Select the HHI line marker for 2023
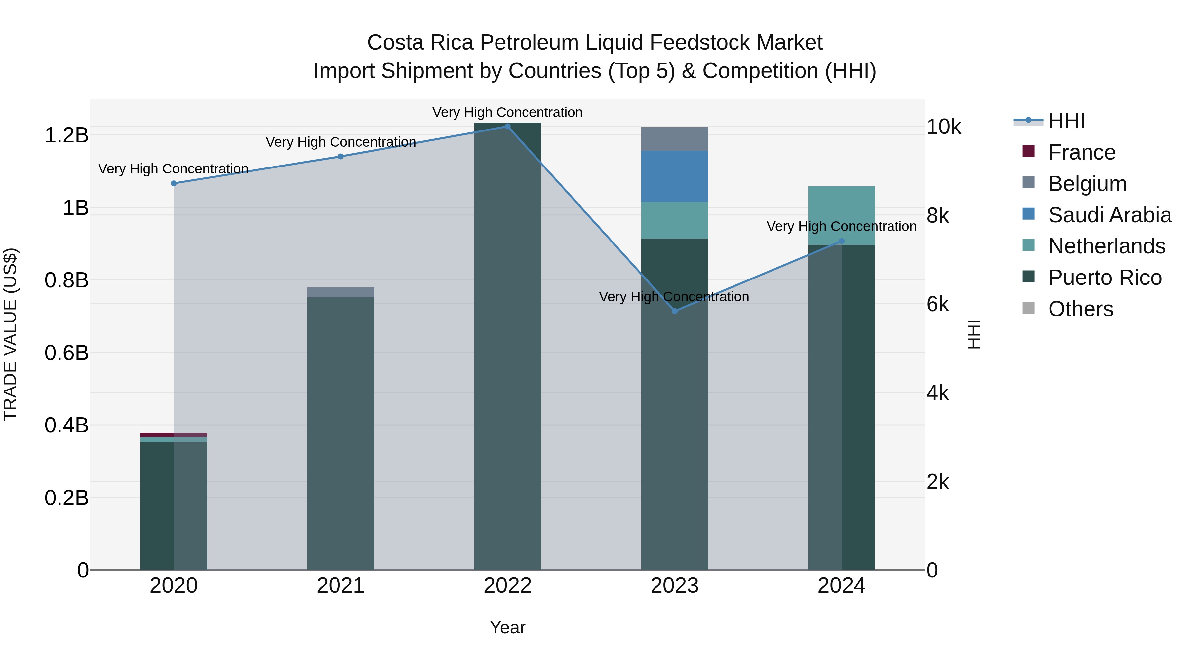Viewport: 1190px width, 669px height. (x=674, y=311)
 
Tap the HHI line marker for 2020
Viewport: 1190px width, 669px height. (x=174, y=183)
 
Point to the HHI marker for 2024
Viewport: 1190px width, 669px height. (x=841, y=241)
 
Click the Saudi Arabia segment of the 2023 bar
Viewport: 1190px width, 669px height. (x=674, y=176)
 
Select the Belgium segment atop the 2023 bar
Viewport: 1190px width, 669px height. (x=674, y=139)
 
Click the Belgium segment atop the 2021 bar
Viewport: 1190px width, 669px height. (x=340, y=292)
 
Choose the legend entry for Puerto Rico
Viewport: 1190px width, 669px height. (x=1104, y=278)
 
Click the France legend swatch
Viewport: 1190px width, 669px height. (x=1028, y=151)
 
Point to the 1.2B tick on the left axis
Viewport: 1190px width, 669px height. (x=66, y=135)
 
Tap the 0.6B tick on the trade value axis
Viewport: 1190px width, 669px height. (x=66, y=353)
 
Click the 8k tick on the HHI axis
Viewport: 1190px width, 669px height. (x=937, y=216)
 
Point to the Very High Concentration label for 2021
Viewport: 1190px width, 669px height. (x=340, y=142)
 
